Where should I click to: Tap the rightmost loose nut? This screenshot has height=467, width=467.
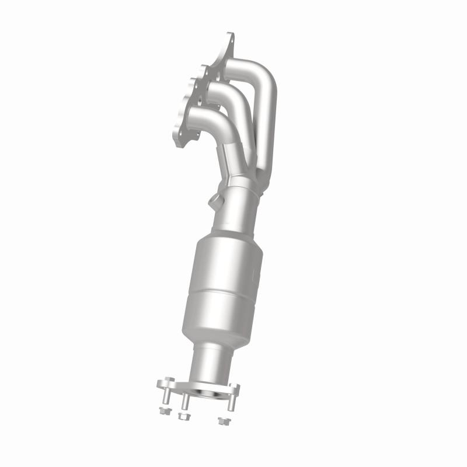click(221, 420)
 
